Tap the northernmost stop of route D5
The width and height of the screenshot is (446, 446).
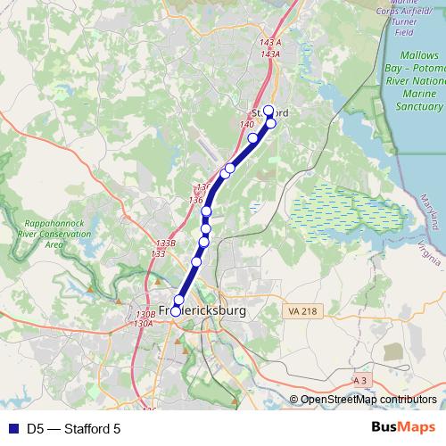pyautogui.click(x=268, y=111)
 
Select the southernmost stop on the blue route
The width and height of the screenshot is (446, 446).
pyautogui.click(x=176, y=310)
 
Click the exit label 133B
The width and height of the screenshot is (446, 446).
pyautogui.click(x=165, y=243)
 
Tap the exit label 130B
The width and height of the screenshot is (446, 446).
pyautogui.click(x=145, y=314)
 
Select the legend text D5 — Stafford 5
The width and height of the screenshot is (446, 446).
pyautogui.click(x=73, y=429)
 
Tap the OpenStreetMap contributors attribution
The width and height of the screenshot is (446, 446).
pyautogui.click(x=368, y=400)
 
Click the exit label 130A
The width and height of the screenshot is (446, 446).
pyautogui.click(x=143, y=324)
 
